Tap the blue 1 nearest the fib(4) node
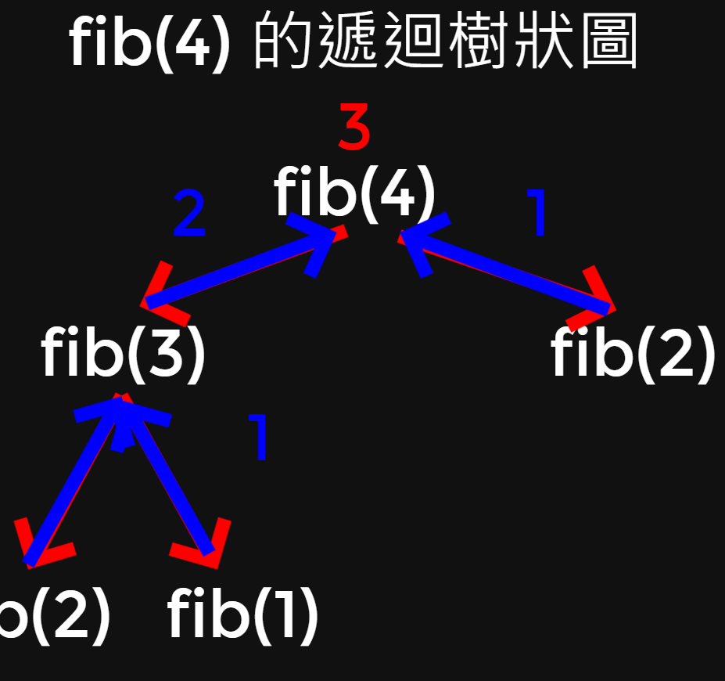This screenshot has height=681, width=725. (x=538, y=213)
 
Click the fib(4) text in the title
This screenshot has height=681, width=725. (x=149, y=42)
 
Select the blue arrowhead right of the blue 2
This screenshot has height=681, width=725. (x=317, y=243)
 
